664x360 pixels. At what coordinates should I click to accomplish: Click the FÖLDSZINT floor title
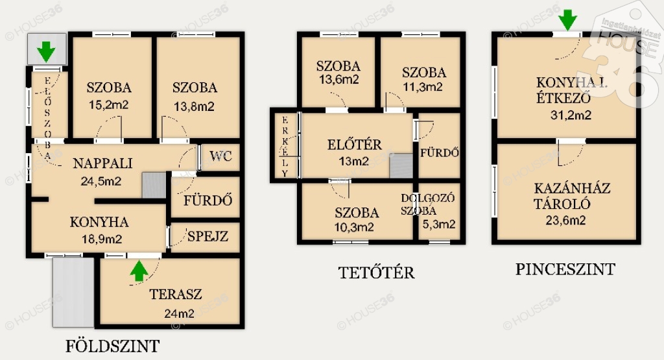[113, 346]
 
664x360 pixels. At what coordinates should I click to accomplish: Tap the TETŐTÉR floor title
[377, 272]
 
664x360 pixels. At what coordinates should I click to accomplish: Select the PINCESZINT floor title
[565, 269]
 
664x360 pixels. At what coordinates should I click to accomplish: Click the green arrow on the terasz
[139, 271]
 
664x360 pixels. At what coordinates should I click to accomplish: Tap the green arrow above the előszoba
[46, 52]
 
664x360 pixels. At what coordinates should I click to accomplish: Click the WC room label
[220, 156]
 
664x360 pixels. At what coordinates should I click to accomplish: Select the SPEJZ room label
[207, 236]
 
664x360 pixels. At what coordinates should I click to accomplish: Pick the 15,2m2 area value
[109, 104]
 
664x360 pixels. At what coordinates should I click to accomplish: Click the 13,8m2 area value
[194, 106]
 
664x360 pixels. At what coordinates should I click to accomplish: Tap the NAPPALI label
[103, 163]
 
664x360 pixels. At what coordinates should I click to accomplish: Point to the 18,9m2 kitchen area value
[102, 239]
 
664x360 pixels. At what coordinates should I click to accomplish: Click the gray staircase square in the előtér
[401, 165]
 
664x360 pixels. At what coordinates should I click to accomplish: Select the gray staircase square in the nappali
[154, 185]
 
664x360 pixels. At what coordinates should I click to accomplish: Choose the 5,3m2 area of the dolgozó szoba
[439, 224]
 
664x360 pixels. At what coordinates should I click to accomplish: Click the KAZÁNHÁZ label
[572, 188]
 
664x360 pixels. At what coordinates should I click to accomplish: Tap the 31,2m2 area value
[571, 115]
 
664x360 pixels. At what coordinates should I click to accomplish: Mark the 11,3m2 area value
[423, 88]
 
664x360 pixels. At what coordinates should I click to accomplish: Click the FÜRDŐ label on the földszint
[208, 200]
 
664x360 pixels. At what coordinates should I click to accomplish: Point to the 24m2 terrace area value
[179, 313]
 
